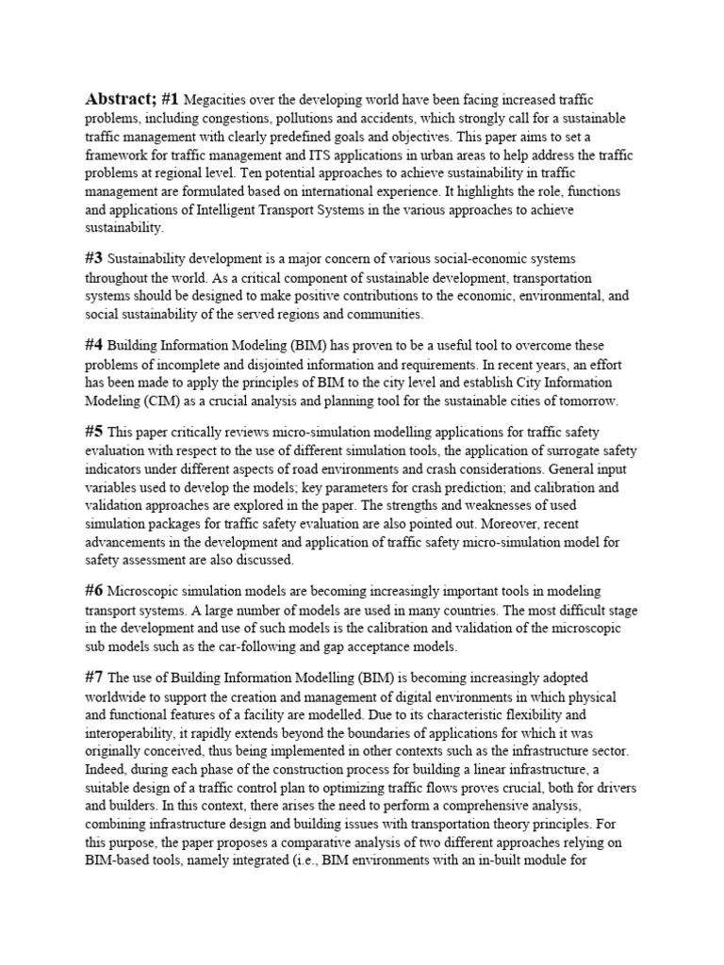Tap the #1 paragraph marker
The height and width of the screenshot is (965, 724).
170,99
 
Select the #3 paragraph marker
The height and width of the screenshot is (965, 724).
94,257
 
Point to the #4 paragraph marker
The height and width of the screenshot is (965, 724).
94,346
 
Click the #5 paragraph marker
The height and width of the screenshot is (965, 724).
94,433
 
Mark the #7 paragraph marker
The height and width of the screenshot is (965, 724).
94,679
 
